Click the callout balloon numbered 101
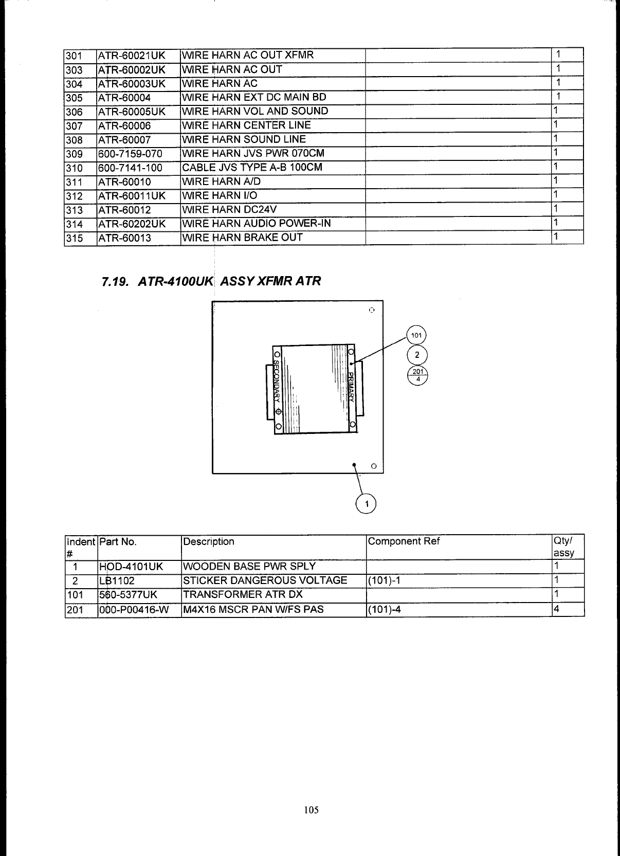(416, 336)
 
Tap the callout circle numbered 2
(417, 355)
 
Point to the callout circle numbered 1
(366, 504)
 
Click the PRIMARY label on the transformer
(351, 386)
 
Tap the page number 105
(311, 810)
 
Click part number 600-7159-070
(130, 154)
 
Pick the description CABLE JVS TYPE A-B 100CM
(252, 168)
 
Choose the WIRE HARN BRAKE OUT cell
(243, 238)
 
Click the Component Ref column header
(404, 541)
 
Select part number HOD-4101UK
(131, 567)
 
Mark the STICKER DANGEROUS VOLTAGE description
(265, 580)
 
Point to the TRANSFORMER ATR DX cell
(243, 595)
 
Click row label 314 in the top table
(75, 224)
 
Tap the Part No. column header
(118, 541)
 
